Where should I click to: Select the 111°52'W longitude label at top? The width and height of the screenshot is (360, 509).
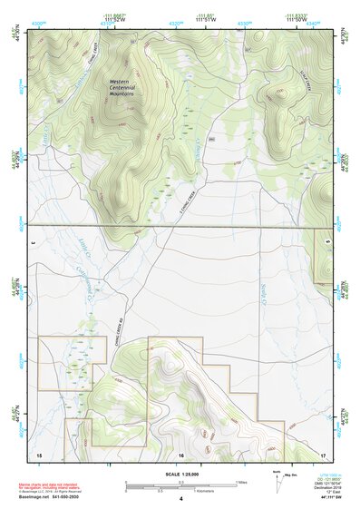pos(114,19)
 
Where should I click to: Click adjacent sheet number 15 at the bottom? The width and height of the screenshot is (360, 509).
pos(38,452)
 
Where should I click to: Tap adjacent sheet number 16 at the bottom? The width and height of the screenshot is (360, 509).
pos(181,452)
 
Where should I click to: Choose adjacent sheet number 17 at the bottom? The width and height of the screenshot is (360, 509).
pos(323,452)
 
